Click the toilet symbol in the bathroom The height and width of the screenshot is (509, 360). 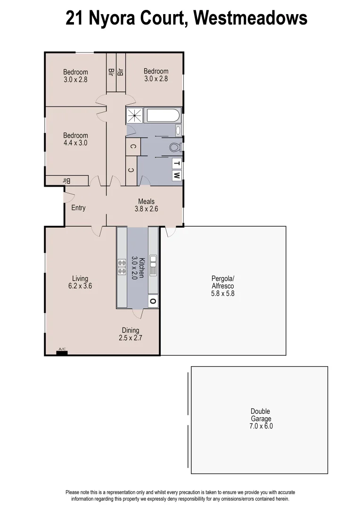[x=175, y=147]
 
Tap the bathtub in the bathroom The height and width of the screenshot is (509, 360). [x=163, y=116]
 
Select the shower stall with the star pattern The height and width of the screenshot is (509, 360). [x=136, y=115]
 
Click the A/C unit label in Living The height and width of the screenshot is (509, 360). [x=62, y=350]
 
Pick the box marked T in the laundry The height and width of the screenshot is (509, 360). [x=177, y=164]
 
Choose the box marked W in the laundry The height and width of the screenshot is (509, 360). [x=177, y=175]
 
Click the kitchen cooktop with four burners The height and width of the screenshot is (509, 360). [x=122, y=267]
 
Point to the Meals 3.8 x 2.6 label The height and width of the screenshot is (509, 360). [x=146, y=205]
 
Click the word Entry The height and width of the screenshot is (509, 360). [x=78, y=207]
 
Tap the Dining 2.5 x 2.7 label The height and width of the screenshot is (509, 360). [x=131, y=334]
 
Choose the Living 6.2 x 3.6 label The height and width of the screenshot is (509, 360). [x=80, y=282]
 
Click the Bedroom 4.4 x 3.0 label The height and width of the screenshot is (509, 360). [x=75, y=139]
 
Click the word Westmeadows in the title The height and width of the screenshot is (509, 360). [x=250, y=19]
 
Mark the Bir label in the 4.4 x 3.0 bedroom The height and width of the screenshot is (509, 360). [x=66, y=181]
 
